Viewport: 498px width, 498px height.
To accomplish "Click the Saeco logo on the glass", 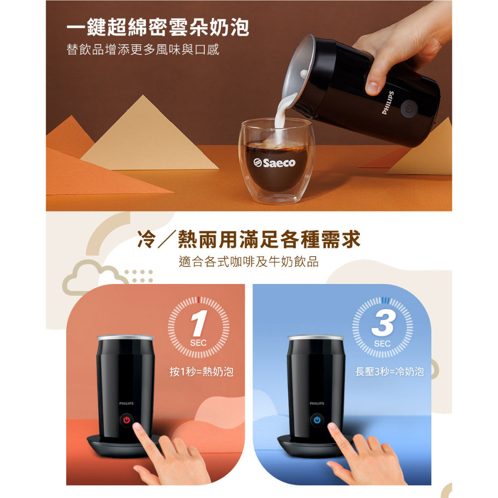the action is (x=274, y=162).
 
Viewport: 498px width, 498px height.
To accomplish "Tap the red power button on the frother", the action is (x=127, y=420).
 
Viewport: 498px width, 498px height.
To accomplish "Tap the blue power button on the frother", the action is (x=317, y=420).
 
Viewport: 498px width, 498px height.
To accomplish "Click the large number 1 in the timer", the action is (x=199, y=323).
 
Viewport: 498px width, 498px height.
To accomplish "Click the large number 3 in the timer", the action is (x=383, y=323).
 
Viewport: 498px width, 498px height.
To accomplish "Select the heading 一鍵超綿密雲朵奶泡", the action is (x=158, y=27).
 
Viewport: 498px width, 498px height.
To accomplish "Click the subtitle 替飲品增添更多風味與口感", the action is (x=142, y=50).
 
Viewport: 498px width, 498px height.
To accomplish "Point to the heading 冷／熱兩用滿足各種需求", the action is (x=249, y=239).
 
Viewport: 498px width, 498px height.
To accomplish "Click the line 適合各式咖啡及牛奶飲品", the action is (x=249, y=262).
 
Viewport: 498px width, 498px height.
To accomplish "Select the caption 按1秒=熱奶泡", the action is (x=201, y=371).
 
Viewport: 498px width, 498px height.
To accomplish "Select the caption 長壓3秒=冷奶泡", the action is (x=390, y=371).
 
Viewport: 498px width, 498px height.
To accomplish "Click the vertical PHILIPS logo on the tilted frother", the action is (x=388, y=103).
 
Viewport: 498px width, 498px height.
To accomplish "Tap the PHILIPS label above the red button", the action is (x=126, y=403).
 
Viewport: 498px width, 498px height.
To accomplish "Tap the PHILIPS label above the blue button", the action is (x=317, y=403).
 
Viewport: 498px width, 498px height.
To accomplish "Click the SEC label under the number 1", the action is (x=198, y=343).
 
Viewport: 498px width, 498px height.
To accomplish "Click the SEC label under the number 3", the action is (x=382, y=344).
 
